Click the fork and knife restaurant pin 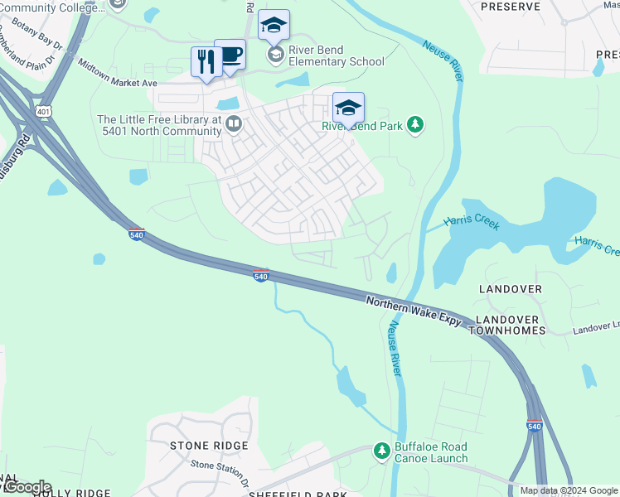tap(206, 62)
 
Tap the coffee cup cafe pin tap(230, 55)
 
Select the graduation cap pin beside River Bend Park tap(348, 108)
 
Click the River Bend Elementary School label tap(337, 61)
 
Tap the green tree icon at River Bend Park tap(415, 126)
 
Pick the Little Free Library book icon tap(234, 125)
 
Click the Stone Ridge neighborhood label tap(209, 446)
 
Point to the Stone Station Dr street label tap(220, 467)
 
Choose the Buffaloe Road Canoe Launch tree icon tap(381, 451)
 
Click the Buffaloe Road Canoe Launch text tap(431, 453)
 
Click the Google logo tap(27, 487)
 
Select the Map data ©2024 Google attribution tap(568, 490)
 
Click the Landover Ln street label tap(595, 330)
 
